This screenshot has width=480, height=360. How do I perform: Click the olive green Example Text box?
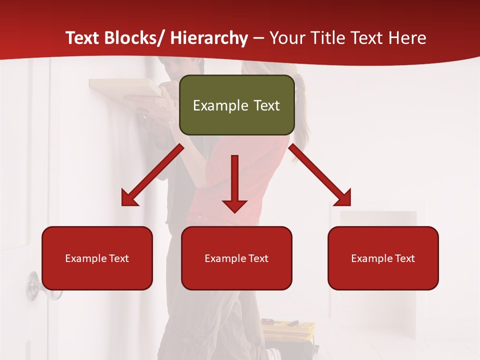pyautogui.click(x=236, y=105)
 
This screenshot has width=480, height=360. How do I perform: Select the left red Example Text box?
pyautogui.click(x=97, y=258)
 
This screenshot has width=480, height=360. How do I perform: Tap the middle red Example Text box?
pyautogui.click(x=236, y=258)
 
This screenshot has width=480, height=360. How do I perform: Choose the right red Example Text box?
pyautogui.click(x=383, y=258)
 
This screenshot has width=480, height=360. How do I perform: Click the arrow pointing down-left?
pyautogui.click(x=152, y=175)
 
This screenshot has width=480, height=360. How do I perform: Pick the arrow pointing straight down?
pyautogui.click(x=234, y=182)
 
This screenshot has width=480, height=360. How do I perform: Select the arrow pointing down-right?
pyautogui.click(x=320, y=175)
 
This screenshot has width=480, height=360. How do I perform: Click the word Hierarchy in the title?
pyautogui.click(x=209, y=38)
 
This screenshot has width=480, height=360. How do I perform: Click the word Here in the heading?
pyautogui.click(x=407, y=38)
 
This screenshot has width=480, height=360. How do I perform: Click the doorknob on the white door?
pyautogui.click(x=34, y=286)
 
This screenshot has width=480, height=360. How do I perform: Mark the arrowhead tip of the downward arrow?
pyautogui.click(x=234, y=212)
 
